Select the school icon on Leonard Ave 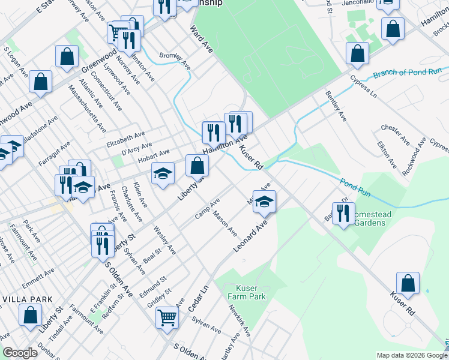pyautogui.click(x=264, y=202)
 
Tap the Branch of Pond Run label pyautogui.click(x=408, y=73)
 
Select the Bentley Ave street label pyautogui.click(x=336, y=106)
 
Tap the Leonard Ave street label pyautogui.click(x=253, y=236)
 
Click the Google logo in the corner pyautogui.click(x=20, y=353)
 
